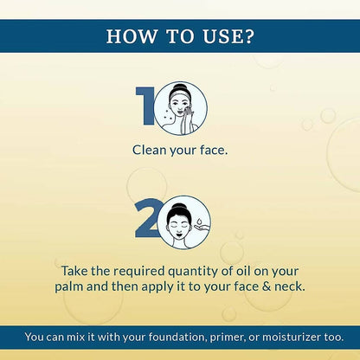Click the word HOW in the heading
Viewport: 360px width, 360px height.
(x=132, y=36)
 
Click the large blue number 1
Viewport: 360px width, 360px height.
(x=145, y=106)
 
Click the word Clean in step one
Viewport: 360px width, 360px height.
(x=150, y=150)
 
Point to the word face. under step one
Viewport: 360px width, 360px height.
(x=214, y=150)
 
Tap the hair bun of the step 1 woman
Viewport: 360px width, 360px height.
(x=180, y=87)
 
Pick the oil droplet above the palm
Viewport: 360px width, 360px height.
(x=199, y=222)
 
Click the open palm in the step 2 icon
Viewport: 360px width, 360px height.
(x=201, y=228)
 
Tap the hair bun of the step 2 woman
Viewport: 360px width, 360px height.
(x=179, y=207)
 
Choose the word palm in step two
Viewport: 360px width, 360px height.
(x=69, y=286)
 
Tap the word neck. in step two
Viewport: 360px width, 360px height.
(x=289, y=286)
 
